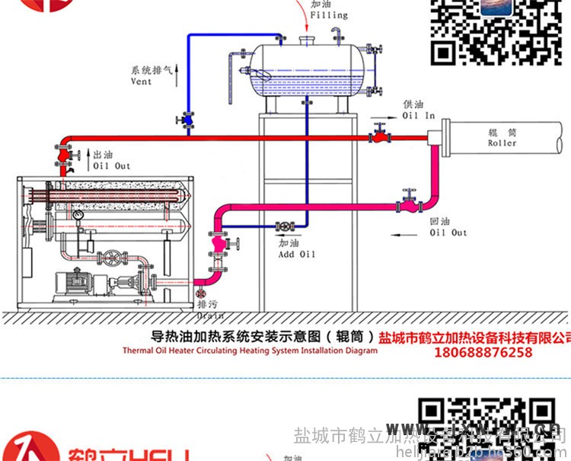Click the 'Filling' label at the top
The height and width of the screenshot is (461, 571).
point(329,14)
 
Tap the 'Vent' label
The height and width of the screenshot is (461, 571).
point(141,82)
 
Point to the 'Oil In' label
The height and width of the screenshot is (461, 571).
point(418,116)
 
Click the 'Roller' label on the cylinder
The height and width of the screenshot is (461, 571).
point(502,142)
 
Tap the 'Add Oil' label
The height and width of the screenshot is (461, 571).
point(296,254)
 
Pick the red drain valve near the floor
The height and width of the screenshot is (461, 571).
point(201,295)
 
